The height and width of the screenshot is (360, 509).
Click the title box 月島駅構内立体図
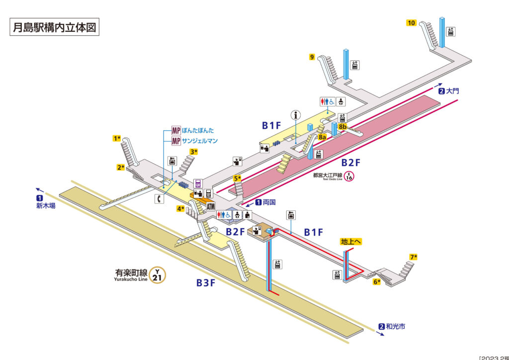(55, 27)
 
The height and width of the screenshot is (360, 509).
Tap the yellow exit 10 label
(411, 23)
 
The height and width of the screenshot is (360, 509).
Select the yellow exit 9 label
(312, 57)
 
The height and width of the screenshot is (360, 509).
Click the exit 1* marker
(117, 138)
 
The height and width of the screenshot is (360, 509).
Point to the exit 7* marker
(413, 257)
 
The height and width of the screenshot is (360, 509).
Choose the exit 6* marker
(377, 282)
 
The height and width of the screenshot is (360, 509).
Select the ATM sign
(210, 207)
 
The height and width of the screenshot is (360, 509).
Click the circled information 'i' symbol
(297, 115)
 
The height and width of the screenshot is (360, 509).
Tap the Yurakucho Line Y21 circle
(157, 274)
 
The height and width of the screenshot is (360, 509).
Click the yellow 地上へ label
(351, 242)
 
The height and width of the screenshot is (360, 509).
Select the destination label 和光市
(395, 327)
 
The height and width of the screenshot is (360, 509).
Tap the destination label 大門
(453, 91)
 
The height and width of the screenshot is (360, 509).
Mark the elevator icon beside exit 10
(451, 31)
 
